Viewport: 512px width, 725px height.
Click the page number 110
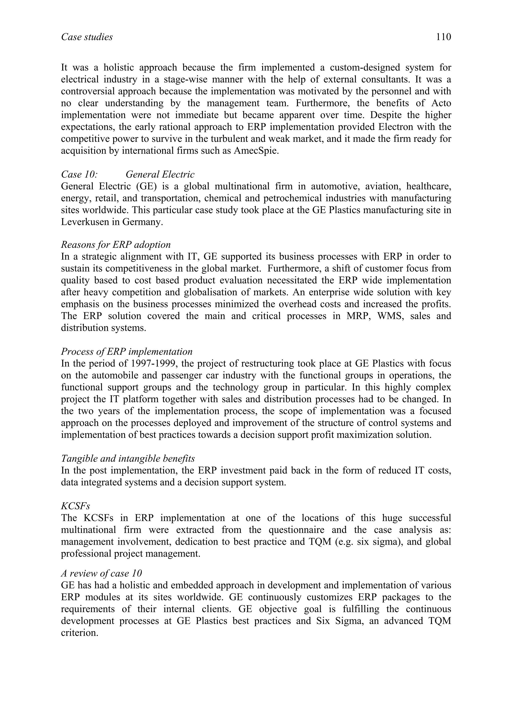click(x=443, y=37)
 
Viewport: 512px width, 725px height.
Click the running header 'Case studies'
click(x=87, y=37)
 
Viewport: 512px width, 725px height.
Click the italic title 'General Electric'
click(x=160, y=174)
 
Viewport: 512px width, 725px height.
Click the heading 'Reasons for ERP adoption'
click(x=116, y=245)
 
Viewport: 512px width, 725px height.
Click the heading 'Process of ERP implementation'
click(x=126, y=351)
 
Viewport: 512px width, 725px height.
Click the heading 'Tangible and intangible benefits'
click(x=128, y=458)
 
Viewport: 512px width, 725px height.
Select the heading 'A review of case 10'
click(x=101, y=573)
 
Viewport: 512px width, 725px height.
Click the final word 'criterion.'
click(x=80, y=633)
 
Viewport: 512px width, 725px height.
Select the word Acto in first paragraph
click(x=441, y=103)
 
